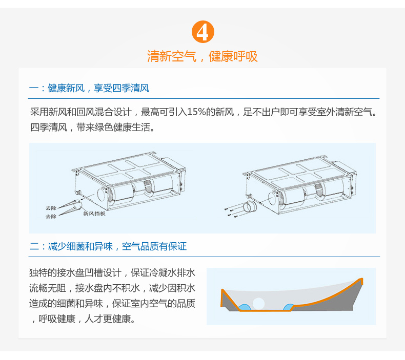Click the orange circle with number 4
point(203,32)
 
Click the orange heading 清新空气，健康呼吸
point(202,56)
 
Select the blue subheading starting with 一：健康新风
point(89,88)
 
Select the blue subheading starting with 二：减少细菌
point(108,246)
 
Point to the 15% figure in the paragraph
point(196,112)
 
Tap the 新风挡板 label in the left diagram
point(94,214)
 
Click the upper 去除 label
point(51,208)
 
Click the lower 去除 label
point(51,216)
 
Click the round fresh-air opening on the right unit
point(272,198)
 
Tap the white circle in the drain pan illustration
point(258,304)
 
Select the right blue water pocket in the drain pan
point(289,307)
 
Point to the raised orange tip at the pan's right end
point(361,280)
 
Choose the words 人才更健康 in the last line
point(108,319)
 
